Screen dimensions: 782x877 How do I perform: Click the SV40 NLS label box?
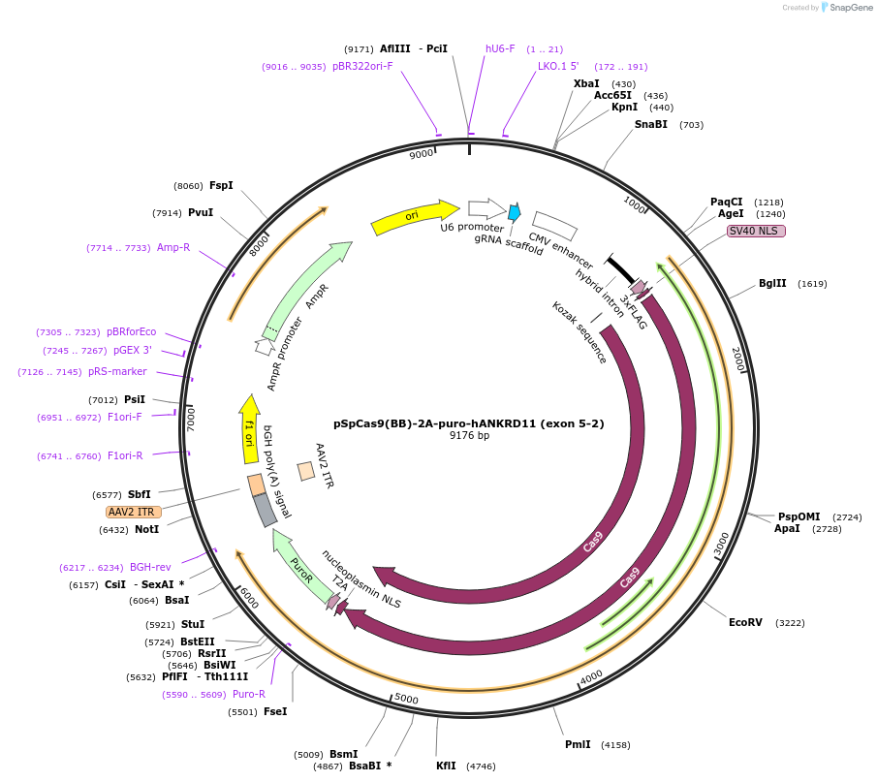[x=756, y=231]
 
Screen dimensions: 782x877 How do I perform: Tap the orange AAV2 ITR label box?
[x=134, y=512]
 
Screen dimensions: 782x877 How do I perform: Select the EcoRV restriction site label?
[x=753, y=623]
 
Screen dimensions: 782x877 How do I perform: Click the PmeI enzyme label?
[x=578, y=744]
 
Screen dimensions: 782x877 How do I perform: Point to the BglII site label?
[x=772, y=284]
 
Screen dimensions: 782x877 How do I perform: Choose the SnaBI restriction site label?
[x=651, y=124]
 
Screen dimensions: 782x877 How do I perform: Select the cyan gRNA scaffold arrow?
[x=514, y=211]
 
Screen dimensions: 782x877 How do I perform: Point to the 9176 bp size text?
[x=469, y=436]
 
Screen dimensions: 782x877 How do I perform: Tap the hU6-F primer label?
[x=500, y=48]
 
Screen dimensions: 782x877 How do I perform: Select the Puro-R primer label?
[x=249, y=694]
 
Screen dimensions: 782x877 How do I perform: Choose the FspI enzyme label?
[x=221, y=186]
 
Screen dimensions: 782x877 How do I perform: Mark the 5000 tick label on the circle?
[x=406, y=699]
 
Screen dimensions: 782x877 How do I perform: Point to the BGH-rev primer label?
[x=150, y=568]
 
